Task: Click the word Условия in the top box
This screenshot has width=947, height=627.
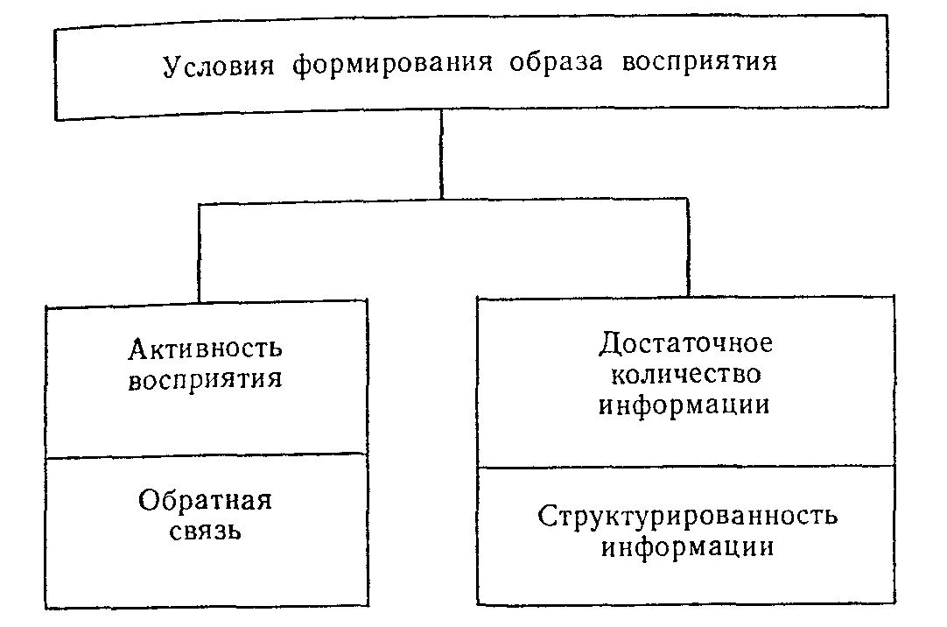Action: click(x=218, y=66)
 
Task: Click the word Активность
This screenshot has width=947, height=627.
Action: click(x=206, y=348)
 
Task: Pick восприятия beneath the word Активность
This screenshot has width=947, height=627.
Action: click(x=206, y=381)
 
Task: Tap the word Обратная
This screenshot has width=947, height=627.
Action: click(x=206, y=500)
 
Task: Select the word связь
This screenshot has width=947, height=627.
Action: click(x=206, y=532)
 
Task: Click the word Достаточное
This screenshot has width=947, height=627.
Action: click(x=685, y=342)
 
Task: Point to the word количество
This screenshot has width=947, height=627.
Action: click(x=685, y=375)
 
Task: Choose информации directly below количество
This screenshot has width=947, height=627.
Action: click(x=684, y=405)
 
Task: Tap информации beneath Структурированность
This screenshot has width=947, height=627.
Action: click(x=687, y=547)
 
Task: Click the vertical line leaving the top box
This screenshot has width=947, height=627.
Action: click(x=441, y=155)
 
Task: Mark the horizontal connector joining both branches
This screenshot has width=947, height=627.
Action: click(x=443, y=201)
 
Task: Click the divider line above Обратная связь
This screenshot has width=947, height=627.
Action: click(x=207, y=455)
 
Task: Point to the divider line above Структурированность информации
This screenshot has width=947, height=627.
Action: click(x=686, y=467)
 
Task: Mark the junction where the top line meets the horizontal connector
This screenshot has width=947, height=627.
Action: click(x=441, y=200)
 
